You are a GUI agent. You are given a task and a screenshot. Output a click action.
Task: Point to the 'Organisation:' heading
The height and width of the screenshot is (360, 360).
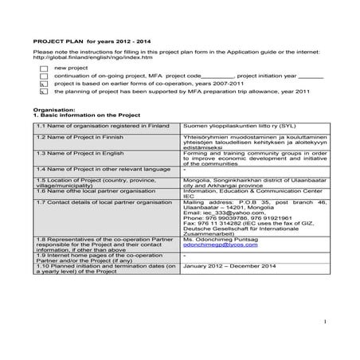click(52, 109)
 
